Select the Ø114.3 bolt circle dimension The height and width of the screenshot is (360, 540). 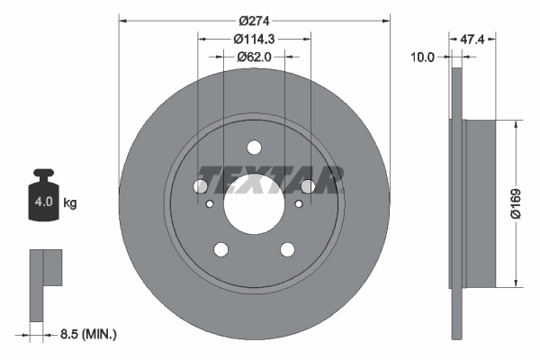254,38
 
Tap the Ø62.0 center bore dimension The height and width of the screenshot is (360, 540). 255,56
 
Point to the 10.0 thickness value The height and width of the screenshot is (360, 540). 423,56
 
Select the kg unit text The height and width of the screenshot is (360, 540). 70,202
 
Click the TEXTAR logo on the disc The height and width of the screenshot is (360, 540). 268,179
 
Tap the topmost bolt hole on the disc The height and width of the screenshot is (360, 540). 255,148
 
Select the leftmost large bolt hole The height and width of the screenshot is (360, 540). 201,186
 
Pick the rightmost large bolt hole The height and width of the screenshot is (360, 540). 308,186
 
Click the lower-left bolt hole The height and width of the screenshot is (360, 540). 221,249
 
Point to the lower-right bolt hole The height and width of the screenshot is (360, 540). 288,249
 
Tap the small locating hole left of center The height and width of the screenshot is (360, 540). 210,205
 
